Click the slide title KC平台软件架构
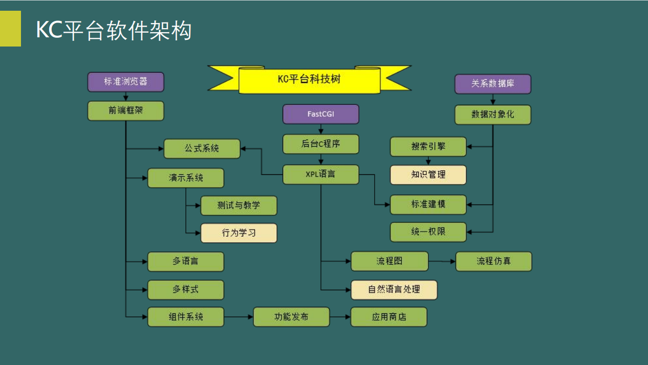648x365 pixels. [x=114, y=30]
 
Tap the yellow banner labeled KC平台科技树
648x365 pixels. [x=309, y=79]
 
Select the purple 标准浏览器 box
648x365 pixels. [x=125, y=82]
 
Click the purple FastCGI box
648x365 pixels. [x=320, y=114]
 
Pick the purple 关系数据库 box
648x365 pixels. [x=492, y=84]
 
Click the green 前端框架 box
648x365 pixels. [x=125, y=111]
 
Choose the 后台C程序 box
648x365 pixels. [x=320, y=144]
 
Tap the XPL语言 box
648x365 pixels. [x=320, y=174]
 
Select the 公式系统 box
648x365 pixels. [x=202, y=149]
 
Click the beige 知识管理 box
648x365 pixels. [x=428, y=174]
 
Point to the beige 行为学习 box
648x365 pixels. [x=239, y=233]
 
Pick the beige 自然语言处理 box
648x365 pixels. [x=394, y=289]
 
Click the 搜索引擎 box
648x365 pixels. [x=428, y=147]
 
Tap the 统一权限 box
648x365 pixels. [x=428, y=232]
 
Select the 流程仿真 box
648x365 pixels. [x=493, y=261]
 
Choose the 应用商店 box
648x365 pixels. [x=389, y=317]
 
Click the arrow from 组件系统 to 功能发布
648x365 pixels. [x=239, y=317]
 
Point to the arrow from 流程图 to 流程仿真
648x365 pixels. [x=442, y=261]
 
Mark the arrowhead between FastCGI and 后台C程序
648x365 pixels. [x=320, y=131]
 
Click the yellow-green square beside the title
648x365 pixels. [x=10, y=28]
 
